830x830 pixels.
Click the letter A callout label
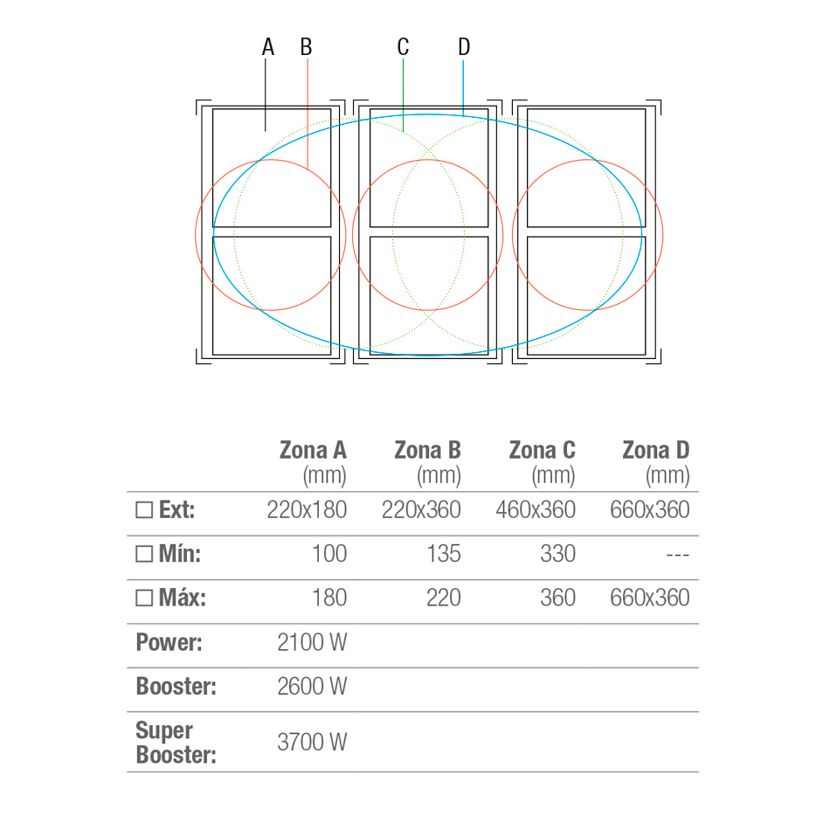[x=268, y=46]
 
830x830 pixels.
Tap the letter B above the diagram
[x=306, y=46]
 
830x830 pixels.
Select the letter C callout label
[x=403, y=46]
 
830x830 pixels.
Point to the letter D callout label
[x=464, y=46]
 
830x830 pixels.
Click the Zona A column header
[x=313, y=463]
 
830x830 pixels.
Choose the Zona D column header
[x=656, y=463]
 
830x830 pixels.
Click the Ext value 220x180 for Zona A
[x=307, y=509]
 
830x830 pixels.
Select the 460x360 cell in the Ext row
[x=536, y=509]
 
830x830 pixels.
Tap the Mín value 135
[x=444, y=554]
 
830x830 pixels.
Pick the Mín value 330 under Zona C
[x=558, y=554]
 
